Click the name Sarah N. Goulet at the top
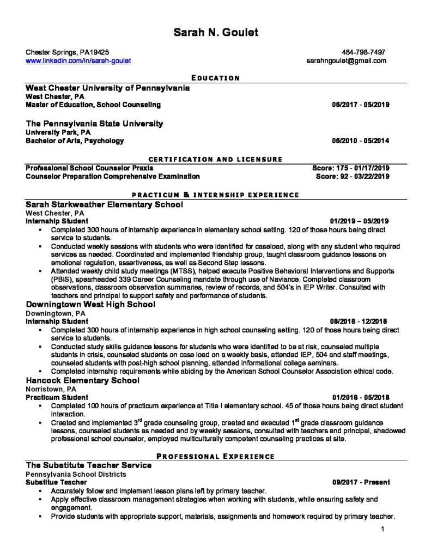tap(216, 33)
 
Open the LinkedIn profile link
tap(78, 61)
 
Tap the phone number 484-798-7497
tap(368, 52)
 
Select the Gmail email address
tap(347, 61)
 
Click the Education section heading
tap(215, 78)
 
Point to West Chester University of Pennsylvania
tap(108, 87)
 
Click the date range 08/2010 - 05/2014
tap(360, 141)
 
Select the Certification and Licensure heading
tap(215, 159)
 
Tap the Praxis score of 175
tap(336, 168)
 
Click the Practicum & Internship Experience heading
tap(215, 195)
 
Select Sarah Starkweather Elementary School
tap(104, 204)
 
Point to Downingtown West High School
tap(90, 305)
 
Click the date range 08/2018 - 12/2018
tap(360, 322)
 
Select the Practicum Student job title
tap(57, 397)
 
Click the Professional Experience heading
tap(215, 456)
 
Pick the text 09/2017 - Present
tap(361, 483)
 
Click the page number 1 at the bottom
tap(384, 528)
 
